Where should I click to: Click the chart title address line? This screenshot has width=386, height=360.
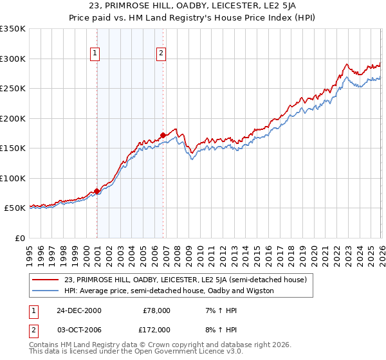[193, 6]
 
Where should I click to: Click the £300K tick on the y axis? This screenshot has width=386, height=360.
[13, 59]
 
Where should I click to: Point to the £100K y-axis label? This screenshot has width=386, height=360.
[13, 178]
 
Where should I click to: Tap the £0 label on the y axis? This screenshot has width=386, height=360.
[19, 238]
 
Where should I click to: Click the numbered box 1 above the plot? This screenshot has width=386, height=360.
[95, 54]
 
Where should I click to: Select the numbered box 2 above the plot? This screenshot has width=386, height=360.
[161, 54]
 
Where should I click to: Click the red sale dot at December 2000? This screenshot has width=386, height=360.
[97, 191]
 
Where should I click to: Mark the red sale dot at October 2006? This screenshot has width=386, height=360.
[163, 135]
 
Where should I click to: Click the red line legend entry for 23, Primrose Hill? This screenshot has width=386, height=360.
[186, 280]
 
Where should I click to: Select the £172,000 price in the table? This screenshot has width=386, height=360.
[156, 329]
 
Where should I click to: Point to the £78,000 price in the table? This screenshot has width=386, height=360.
[156, 310]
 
